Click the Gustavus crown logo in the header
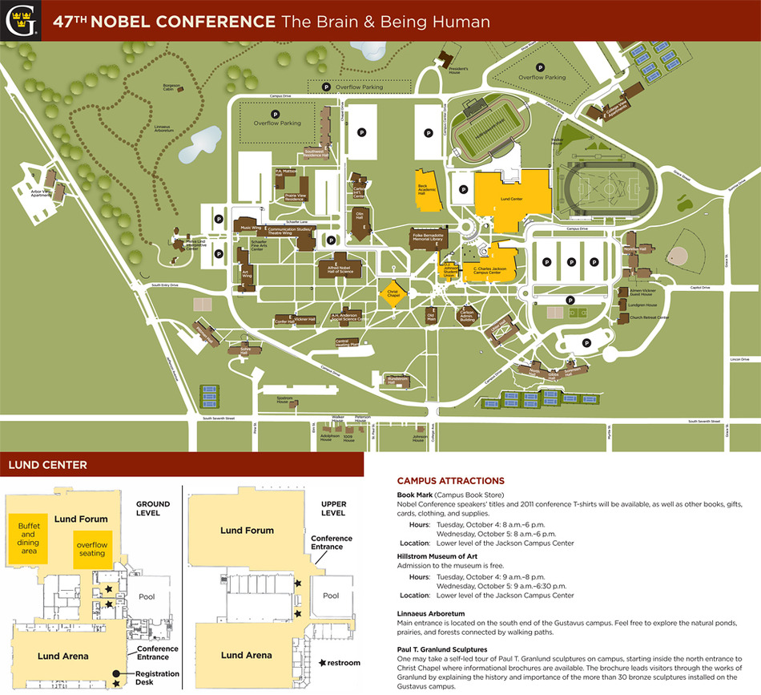coord(19,20)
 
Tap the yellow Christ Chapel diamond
coord(393,293)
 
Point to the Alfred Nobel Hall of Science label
coord(335,269)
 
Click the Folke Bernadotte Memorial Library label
coord(428,238)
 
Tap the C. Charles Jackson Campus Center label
coord(487,270)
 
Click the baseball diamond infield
coord(678,257)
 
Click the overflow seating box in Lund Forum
coord(91,548)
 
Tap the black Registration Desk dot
coord(117,673)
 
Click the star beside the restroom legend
coord(324,663)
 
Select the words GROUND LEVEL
coord(152,509)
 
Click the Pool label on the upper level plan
coord(331,596)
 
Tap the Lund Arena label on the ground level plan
coord(63,656)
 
